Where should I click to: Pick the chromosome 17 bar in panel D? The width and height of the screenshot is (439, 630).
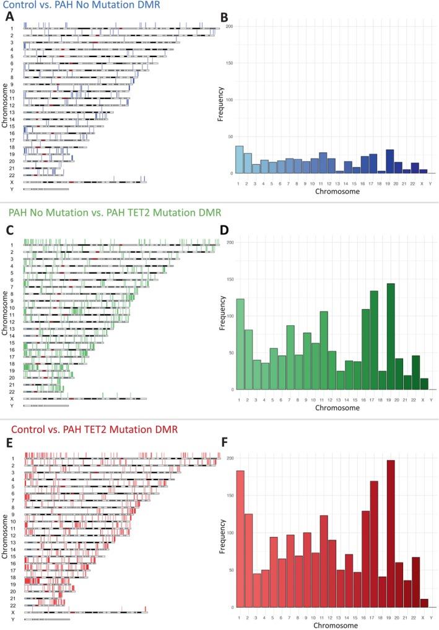(374, 340)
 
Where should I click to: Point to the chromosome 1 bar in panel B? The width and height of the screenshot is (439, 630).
(239, 160)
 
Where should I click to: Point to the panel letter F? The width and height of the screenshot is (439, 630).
(225, 444)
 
